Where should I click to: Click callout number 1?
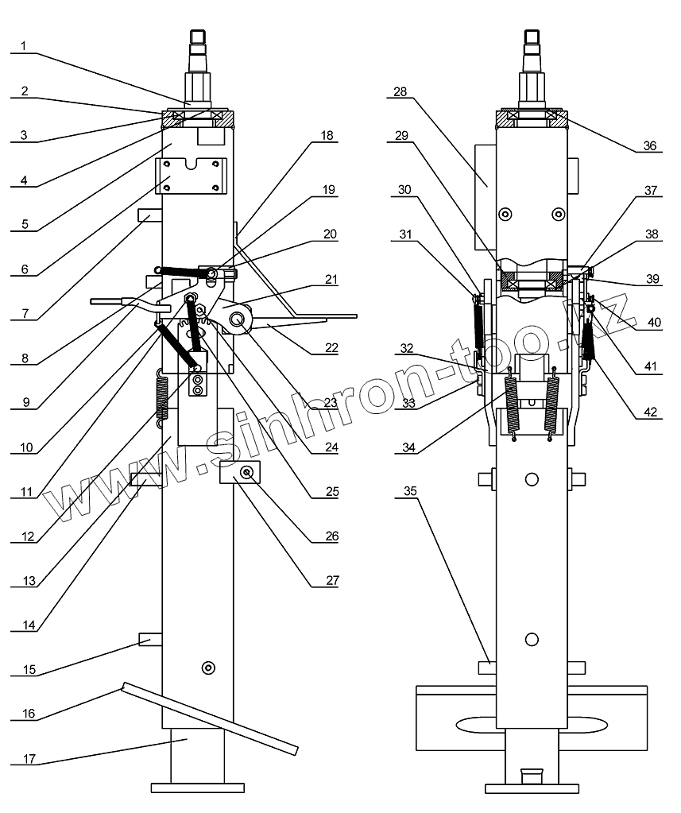tap(23, 45)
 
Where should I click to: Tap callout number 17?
tap(29, 758)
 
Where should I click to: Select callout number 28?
tap(400, 91)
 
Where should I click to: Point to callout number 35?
tap(410, 491)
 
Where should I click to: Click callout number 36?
tap(650, 145)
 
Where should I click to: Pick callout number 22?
tap(331, 347)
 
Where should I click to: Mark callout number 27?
tap(332, 580)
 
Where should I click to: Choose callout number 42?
tap(650, 412)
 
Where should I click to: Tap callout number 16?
tap(29, 714)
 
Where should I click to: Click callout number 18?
tap(327, 135)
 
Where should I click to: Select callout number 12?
tap(28, 536)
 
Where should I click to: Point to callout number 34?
tap(409, 447)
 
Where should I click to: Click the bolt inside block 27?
tap(246, 472)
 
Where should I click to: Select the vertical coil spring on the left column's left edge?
tap(162, 397)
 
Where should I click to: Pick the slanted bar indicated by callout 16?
tap(210, 718)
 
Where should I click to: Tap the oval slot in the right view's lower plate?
tap(532, 726)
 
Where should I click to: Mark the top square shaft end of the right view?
tap(532, 37)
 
